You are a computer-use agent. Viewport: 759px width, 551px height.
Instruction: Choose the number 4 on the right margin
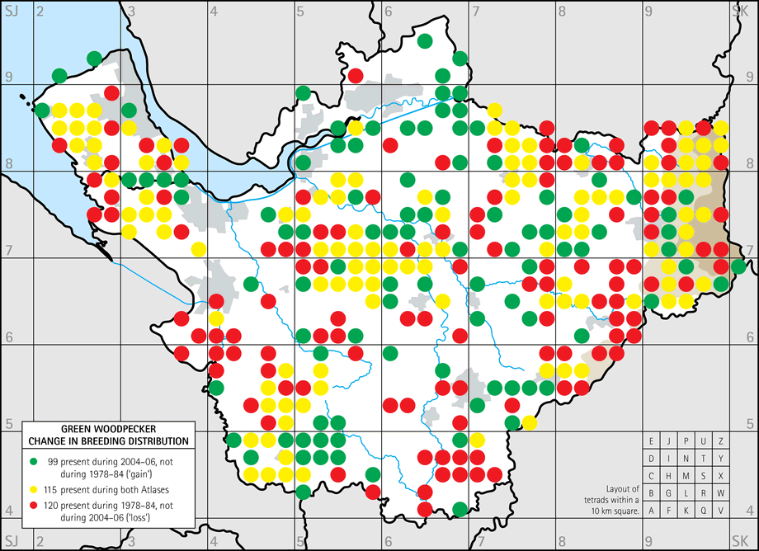point(749,510)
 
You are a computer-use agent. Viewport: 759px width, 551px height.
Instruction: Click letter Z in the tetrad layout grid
point(722,441)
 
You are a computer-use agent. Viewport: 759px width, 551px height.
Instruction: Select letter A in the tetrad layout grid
point(652,511)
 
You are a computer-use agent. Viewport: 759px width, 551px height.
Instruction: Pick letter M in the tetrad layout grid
point(686,476)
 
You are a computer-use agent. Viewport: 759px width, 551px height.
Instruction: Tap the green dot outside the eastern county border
point(738,266)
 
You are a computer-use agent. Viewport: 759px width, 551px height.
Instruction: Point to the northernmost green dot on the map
point(425,41)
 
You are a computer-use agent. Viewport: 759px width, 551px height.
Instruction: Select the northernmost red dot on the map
point(356,76)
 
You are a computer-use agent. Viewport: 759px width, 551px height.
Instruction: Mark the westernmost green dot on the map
point(42,111)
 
